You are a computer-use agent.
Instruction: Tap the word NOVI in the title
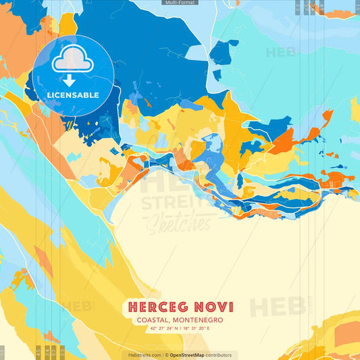(x=212, y=307)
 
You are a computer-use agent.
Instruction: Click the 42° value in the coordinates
(x=153, y=328)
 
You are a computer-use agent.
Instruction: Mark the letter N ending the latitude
(x=177, y=328)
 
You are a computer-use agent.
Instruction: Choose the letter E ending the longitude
(x=209, y=328)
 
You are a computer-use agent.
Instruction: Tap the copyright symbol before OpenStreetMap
(x=166, y=355)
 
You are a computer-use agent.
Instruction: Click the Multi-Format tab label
(x=180, y=3)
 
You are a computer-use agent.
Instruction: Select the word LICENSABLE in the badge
(x=73, y=95)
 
